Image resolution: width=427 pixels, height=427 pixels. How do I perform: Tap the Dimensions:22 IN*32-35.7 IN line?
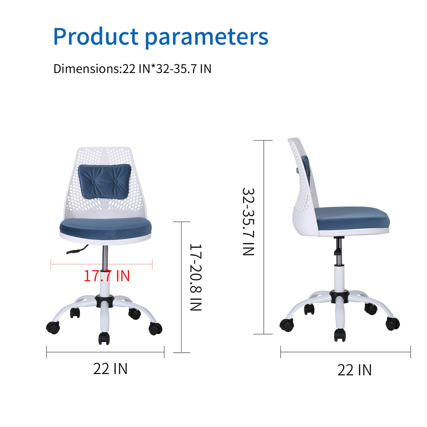point(132,69)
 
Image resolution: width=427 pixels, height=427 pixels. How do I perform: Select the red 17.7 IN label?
point(107,276)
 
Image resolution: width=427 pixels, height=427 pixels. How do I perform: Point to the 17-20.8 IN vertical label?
point(196,277)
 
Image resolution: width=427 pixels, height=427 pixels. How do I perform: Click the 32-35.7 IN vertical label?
point(248,222)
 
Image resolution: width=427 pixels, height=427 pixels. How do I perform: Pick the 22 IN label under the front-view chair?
point(110,369)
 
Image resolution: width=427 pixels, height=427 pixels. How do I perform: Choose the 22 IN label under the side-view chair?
point(355,370)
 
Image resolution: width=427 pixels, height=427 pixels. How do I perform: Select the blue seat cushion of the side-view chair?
point(352,218)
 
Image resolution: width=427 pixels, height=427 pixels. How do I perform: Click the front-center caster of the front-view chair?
point(104,338)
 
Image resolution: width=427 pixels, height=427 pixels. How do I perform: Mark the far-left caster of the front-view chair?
point(53,327)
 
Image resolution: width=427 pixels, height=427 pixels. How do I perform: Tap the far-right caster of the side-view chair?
point(393,324)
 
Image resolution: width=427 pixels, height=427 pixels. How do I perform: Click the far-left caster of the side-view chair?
point(287,325)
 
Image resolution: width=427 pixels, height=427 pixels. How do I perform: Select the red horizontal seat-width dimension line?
point(101,264)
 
